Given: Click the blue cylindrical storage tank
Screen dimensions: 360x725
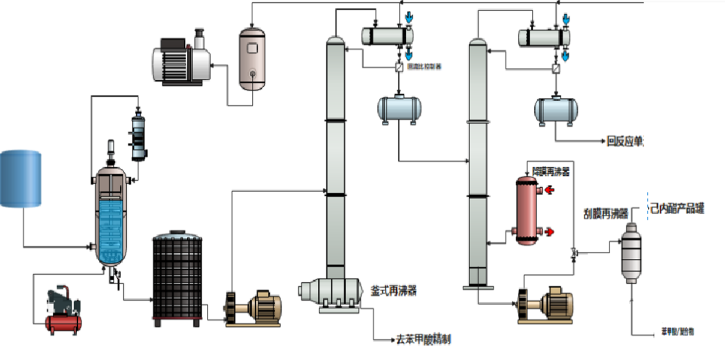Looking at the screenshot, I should [20, 179].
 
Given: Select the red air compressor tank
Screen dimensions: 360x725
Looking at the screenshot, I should [64, 323].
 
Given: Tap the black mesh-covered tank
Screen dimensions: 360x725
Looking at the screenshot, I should [177, 278].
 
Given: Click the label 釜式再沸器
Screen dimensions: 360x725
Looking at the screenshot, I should [394, 291].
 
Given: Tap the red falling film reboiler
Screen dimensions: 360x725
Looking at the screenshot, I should [527, 211].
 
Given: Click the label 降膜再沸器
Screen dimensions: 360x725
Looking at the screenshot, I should [550, 172].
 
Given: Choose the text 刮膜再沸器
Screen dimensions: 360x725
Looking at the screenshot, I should [605, 214].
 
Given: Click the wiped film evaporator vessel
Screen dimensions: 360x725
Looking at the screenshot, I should [631, 252].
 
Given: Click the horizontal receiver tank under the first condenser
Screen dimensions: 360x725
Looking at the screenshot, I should [399, 109].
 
